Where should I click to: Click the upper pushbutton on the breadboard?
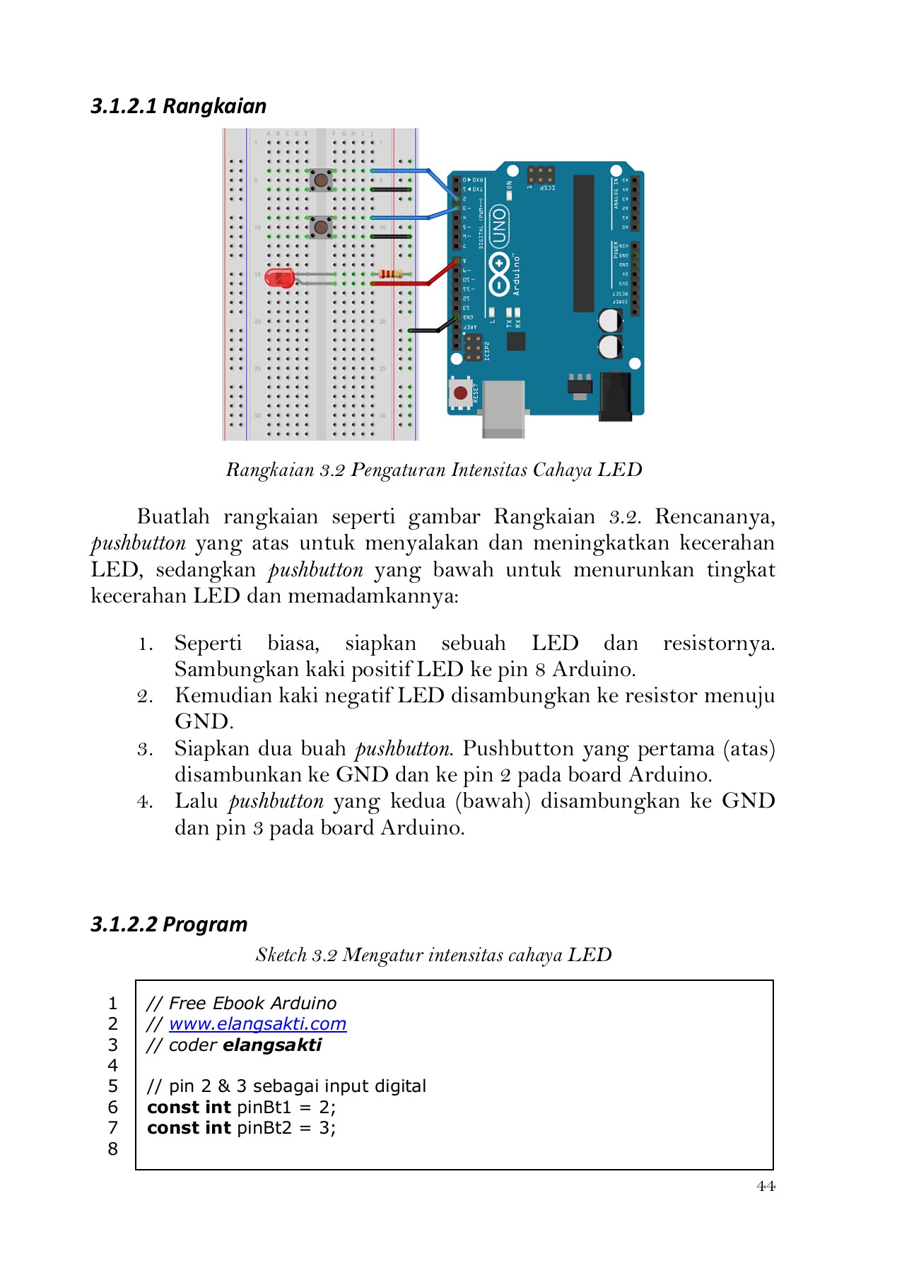click(x=322, y=180)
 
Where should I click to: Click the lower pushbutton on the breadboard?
click(x=322, y=227)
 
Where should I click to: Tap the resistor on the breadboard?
click(x=392, y=274)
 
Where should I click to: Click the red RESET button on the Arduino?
click(x=460, y=393)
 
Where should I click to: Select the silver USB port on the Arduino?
click(x=503, y=408)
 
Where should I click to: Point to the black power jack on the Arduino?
click(x=614, y=396)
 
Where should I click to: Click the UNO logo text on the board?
click(x=499, y=227)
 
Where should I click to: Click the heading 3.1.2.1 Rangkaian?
click(x=179, y=106)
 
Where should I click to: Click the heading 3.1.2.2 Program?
click(x=169, y=924)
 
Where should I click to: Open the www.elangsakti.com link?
click(x=257, y=1023)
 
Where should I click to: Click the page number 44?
click(x=766, y=1186)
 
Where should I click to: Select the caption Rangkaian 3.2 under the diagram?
click(x=433, y=470)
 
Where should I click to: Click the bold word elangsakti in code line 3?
click(x=272, y=1045)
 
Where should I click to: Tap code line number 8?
click(x=113, y=1149)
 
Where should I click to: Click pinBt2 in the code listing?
click(x=264, y=1127)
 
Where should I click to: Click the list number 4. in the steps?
click(x=145, y=801)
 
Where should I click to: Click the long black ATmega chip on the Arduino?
click(x=583, y=243)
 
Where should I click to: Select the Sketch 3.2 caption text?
click(x=433, y=955)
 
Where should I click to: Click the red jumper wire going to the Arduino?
click(x=410, y=284)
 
